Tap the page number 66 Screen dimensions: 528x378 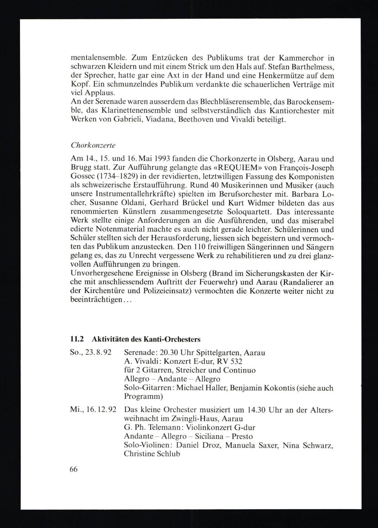click(74, 469)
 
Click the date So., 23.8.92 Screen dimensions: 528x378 click(91, 353)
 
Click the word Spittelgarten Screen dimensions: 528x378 click(215, 353)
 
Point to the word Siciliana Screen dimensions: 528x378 click(215, 436)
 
